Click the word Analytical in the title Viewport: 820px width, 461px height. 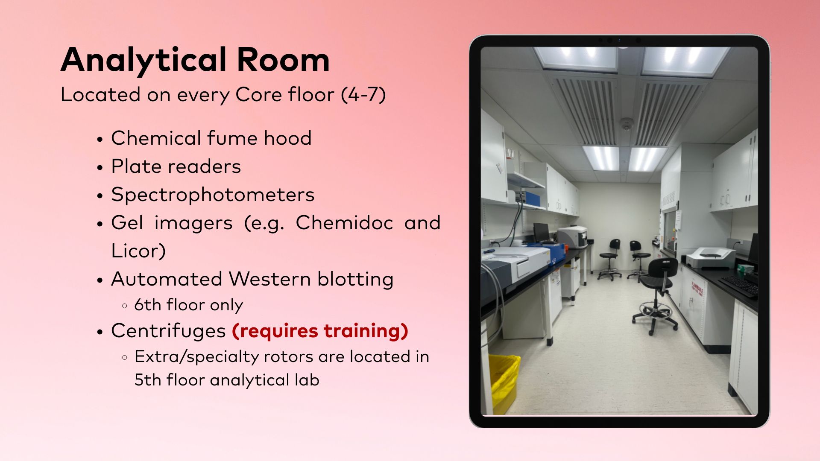(x=143, y=60)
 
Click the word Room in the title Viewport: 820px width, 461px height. (x=283, y=59)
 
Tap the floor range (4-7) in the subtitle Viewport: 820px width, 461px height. (x=363, y=94)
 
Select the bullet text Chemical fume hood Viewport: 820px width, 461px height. (x=211, y=138)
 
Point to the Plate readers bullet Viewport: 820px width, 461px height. (x=176, y=166)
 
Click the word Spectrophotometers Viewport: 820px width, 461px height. (x=213, y=195)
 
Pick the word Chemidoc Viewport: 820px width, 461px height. (x=344, y=222)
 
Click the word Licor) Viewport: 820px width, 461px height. (x=138, y=251)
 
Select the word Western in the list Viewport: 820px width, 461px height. (x=270, y=279)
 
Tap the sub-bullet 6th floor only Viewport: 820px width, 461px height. (x=188, y=305)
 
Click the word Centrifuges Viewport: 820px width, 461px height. (x=168, y=331)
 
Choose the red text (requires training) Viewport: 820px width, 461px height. (x=320, y=331)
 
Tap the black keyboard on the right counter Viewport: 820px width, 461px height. (x=739, y=285)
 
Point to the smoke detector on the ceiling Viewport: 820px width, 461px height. (x=627, y=125)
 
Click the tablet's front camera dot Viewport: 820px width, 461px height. (x=619, y=40)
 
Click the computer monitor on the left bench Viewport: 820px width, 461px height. (x=542, y=233)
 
